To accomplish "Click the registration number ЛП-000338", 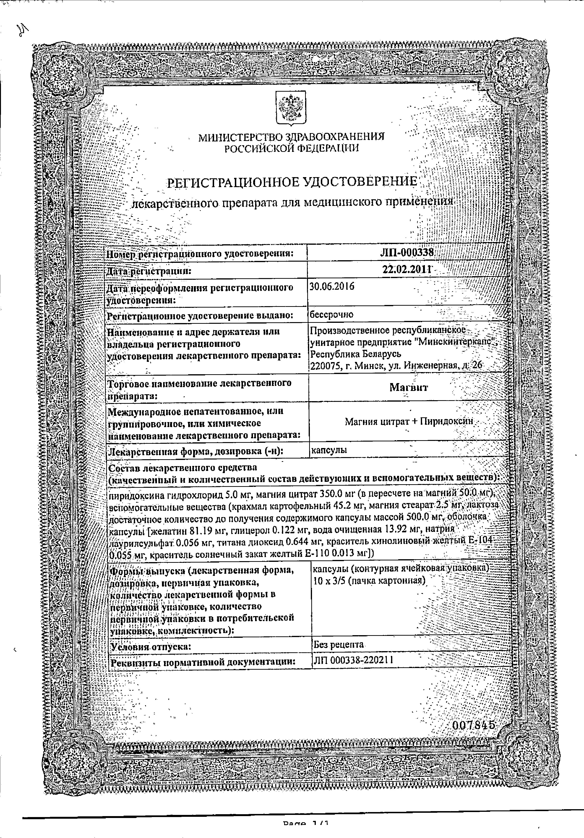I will click(407, 253).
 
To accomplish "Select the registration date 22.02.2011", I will click(407, 270).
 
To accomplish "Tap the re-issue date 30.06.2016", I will click(332, 286).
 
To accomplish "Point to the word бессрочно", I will click(331, 315).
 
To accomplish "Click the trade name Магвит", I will click(408, 387).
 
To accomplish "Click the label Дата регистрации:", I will click(148, 271).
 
